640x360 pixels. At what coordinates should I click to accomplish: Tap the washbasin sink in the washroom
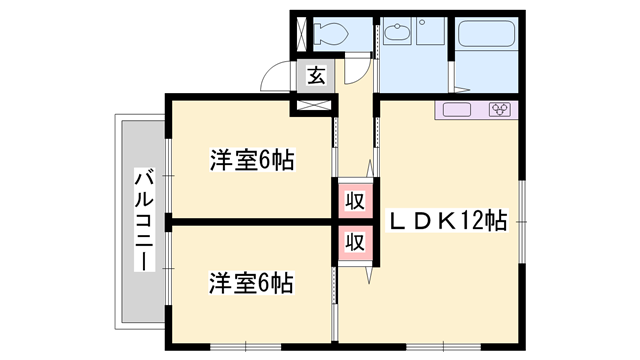pos(397,34)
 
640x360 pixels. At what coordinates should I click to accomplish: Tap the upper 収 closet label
pos(354,200)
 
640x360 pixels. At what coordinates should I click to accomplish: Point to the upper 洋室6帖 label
pos(250,161)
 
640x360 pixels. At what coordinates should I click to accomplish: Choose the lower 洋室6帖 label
pos(250,283)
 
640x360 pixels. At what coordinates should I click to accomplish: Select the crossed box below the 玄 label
pos(314,102)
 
